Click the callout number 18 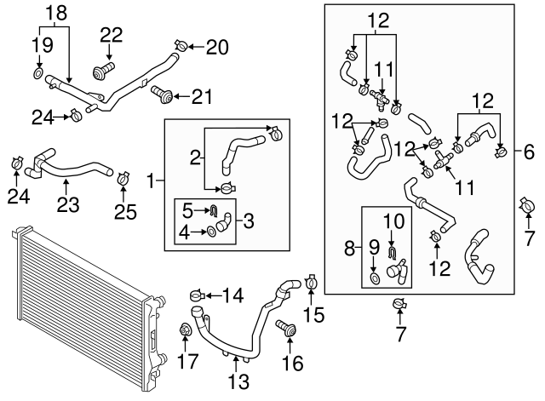click(57, 13)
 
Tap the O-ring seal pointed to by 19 click(39, 73)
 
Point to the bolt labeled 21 click(162, 94)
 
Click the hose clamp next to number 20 click(181, 45)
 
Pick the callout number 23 click(68, 204)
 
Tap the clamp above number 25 click(123, 178)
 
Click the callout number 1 click(151, 181)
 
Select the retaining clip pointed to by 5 click(214, 209)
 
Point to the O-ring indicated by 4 click(210, 232)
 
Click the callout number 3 click(249, 221)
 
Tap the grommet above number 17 click(186, 329)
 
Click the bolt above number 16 click(286, 328)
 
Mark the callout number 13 click(238, 381)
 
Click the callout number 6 click(529, 152)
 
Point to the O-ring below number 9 click(375, 278)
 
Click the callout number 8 click(350, 248)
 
